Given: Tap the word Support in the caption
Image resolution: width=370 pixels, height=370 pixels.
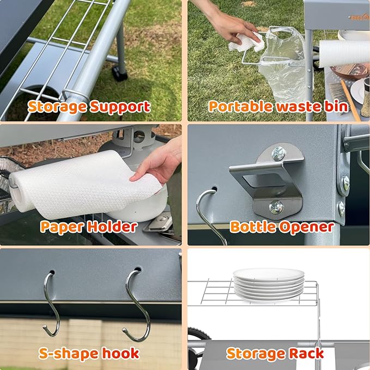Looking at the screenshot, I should pos(121,106).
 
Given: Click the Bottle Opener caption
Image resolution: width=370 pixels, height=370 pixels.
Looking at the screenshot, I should pos(282,226).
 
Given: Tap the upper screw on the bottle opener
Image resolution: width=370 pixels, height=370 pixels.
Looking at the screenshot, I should pos(278,154).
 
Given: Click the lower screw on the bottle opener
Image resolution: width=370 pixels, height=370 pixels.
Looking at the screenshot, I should pos(276,207).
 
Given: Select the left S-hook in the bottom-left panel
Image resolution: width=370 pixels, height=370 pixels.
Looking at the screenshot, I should pos(50,305).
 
